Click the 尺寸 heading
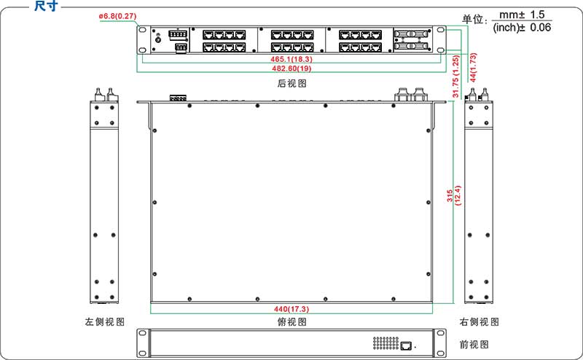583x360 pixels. point(45,7)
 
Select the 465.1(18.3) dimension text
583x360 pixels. point(291,58)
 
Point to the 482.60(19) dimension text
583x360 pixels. point(291,69)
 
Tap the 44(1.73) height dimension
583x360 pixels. point(473,66)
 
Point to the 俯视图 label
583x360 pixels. point(291,321)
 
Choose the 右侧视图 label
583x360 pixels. point(480,321)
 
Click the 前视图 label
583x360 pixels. point(474,344)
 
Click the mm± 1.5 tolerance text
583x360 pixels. point(522,14)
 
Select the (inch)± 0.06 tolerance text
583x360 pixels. point(522,28)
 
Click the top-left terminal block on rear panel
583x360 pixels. point(177,34)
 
